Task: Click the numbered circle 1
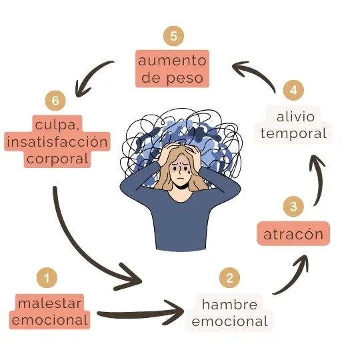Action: [47, 277]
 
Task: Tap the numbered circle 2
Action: [229, 277]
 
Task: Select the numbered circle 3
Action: [293, 206]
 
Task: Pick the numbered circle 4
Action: [293, 90]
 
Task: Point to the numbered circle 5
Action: [173, 36]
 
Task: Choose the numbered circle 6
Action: [55, 101]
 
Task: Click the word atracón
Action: [293, 234]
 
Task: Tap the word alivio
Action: [295, 117]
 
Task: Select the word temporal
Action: [293, 133]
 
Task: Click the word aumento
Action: [172, 61]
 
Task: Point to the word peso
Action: [185, 79]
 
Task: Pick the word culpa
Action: [57, 125]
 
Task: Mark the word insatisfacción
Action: [57, 141]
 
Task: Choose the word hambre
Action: [229, 305]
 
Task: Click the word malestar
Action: [50, 303]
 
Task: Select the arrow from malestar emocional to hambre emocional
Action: [140, 313]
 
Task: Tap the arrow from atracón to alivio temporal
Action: [321, 179]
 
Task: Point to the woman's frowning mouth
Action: [181, 179]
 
